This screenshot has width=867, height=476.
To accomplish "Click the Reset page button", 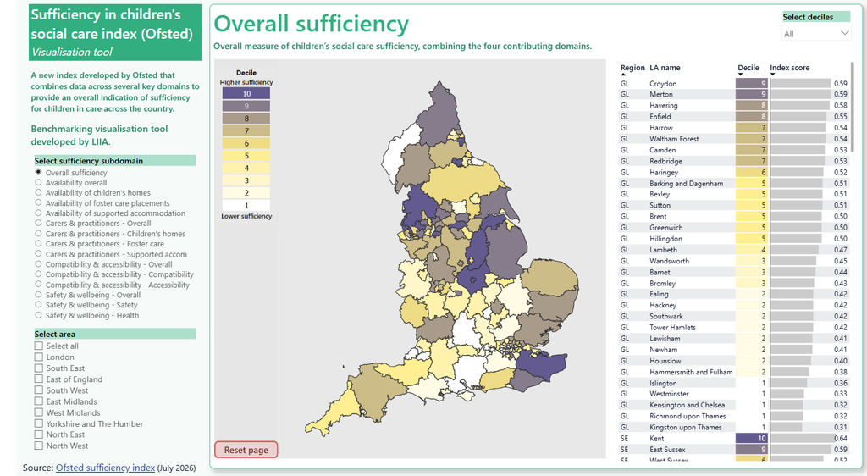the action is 246,450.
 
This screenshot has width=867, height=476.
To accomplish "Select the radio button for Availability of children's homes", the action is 38,192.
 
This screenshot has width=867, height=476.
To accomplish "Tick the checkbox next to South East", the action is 39,368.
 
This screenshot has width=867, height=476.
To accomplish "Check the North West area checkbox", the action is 39,446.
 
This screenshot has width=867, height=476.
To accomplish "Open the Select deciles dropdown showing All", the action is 815,34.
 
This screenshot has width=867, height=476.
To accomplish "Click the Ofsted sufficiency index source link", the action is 105,468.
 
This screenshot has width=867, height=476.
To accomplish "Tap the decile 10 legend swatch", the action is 246,93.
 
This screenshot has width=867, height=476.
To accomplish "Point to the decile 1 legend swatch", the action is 246,205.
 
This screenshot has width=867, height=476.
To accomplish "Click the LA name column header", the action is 665,68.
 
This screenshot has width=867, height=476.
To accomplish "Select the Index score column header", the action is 790,68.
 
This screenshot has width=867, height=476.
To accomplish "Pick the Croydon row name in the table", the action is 663,84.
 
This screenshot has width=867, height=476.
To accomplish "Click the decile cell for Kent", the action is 752,439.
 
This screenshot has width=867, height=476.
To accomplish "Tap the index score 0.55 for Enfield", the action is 841,117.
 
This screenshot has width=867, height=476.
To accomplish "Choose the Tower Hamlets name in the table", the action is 672,327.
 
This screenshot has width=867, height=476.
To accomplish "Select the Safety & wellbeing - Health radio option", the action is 38,315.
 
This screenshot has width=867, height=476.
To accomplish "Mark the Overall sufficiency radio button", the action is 38,172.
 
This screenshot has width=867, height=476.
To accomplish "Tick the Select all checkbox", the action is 39,346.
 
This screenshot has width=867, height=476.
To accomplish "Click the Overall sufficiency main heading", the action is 312,24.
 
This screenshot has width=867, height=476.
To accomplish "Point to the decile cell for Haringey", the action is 752,173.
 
